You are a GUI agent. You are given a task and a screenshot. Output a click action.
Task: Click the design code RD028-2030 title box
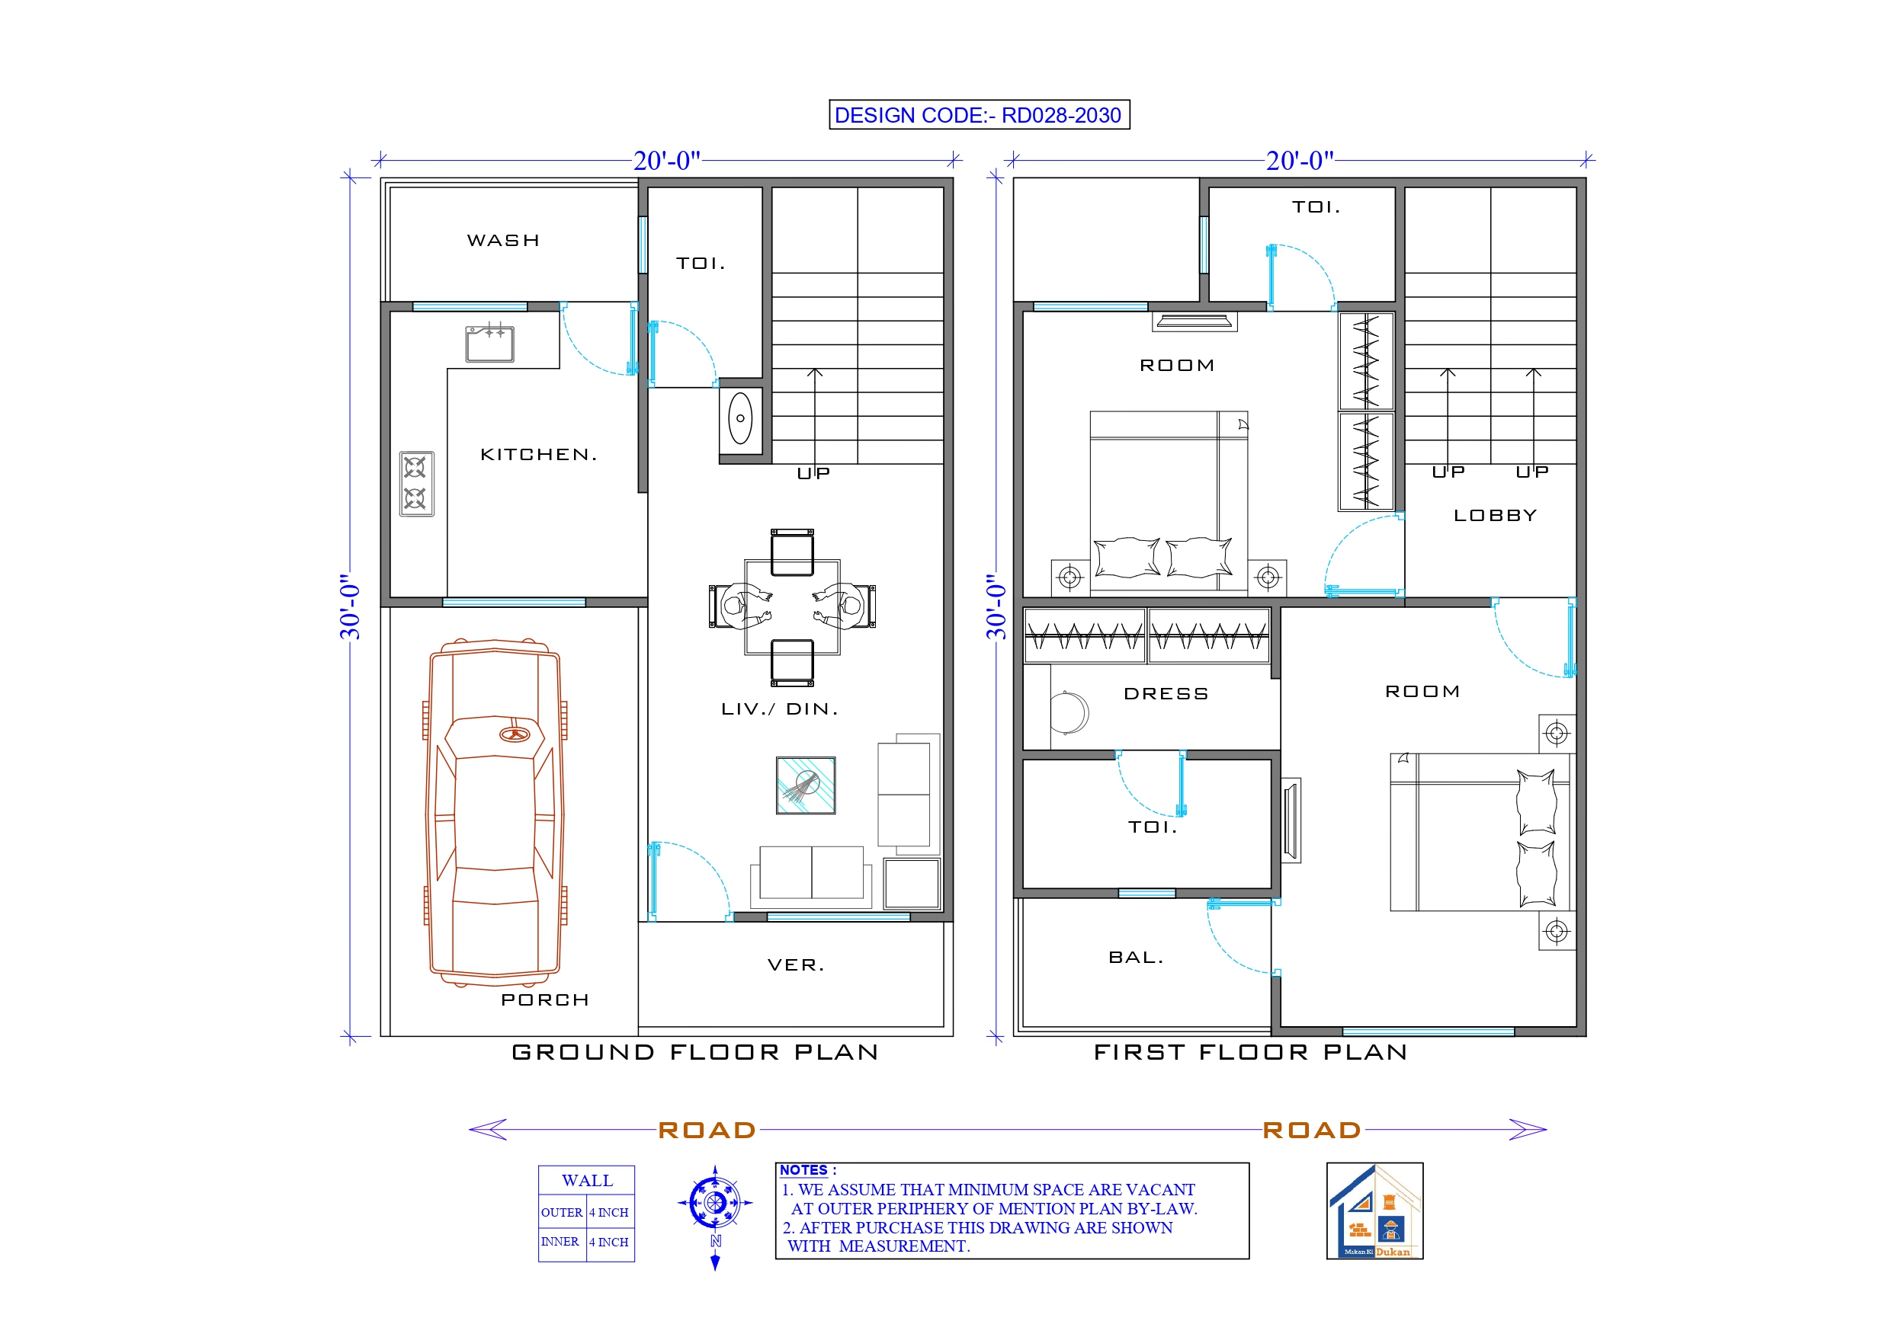tap(978, 115)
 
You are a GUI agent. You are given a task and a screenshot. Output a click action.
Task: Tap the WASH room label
tap(502, 241)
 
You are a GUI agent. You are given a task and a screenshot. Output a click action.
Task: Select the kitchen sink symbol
tap(489, 344)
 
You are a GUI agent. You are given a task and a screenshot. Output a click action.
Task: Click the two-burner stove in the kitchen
tap(416, 484)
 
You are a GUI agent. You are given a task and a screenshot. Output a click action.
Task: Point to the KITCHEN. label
tap(538, 455)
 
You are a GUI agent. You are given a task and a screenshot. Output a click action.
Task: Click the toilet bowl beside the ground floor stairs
tap(740, 418)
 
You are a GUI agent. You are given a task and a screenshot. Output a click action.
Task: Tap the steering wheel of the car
tap(515, 734)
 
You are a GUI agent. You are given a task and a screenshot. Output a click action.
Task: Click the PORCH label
tap(545, 1000)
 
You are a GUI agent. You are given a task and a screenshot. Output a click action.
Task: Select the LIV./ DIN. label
tap(779, 709)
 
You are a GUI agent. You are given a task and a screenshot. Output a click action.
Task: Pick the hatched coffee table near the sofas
tap(805, 785)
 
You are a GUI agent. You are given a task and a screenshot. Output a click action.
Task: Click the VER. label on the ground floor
tap(795, 964)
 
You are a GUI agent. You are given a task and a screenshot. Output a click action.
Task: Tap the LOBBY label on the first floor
tap(1495, 516)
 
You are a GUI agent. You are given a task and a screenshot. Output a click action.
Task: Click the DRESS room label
tap(1166, 695)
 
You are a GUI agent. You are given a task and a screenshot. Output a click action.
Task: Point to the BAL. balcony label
tap(1136, 958)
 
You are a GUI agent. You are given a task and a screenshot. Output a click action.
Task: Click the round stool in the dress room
tap(1069, 712)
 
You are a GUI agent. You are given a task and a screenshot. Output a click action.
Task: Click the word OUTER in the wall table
tap(561, 1213)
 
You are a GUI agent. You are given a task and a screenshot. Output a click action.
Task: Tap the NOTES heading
tap(803, 1169)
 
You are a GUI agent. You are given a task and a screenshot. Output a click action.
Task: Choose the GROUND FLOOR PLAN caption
tap(694, 1053)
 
